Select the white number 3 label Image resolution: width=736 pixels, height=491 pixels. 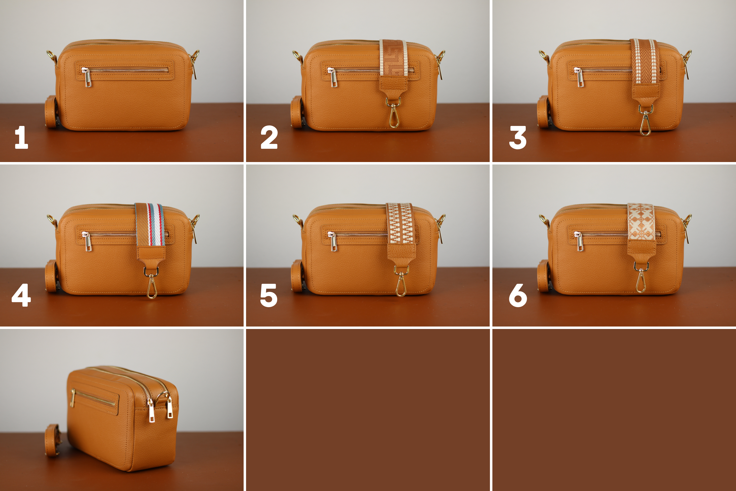(518, 137)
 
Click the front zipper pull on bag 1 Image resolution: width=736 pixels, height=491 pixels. (87, 77)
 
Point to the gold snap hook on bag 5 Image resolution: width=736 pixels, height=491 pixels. (401, 282)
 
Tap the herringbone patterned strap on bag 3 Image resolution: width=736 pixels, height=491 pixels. (645, 61)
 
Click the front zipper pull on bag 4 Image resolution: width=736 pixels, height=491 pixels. (87, 241)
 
